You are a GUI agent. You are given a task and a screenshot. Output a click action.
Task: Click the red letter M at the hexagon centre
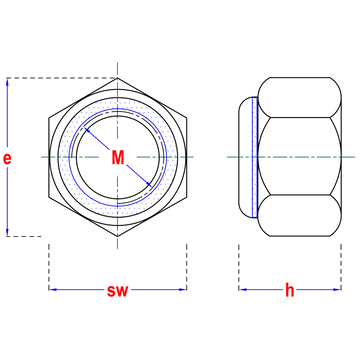coord(118,158)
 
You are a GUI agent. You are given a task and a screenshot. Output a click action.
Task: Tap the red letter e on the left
coord(7,159)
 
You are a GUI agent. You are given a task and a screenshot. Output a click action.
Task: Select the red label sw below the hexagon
coord(117,291)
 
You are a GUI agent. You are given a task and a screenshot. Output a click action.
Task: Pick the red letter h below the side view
coord(290,290)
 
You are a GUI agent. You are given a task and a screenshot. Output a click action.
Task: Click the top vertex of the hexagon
coord(117,78)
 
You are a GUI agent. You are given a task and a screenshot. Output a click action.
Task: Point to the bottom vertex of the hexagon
coord(117,236)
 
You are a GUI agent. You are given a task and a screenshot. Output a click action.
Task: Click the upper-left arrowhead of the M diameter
coord(86,130)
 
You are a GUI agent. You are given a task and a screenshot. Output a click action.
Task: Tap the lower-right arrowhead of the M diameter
coord(149,184)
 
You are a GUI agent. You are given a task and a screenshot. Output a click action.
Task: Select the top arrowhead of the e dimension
coord(7,82)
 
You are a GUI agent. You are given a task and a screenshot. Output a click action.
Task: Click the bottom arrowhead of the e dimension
coord(7,232)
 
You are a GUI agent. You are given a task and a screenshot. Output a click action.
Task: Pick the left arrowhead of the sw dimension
coord(53,289)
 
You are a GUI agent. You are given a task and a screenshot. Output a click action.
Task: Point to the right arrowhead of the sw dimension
coord(182,289)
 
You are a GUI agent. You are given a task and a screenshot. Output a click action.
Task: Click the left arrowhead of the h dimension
coord(243,289)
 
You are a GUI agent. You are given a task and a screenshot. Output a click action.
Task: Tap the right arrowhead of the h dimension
coord(337,289)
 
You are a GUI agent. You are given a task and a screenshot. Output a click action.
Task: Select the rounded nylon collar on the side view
coord(245,157)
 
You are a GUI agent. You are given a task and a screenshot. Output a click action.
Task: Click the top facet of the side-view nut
coord(300,97)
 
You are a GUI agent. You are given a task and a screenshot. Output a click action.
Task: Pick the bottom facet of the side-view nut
coord(300,215)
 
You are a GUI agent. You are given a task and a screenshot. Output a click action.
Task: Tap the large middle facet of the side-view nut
coord(300,156)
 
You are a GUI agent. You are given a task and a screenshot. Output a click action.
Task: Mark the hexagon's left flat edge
coord(49,157)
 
